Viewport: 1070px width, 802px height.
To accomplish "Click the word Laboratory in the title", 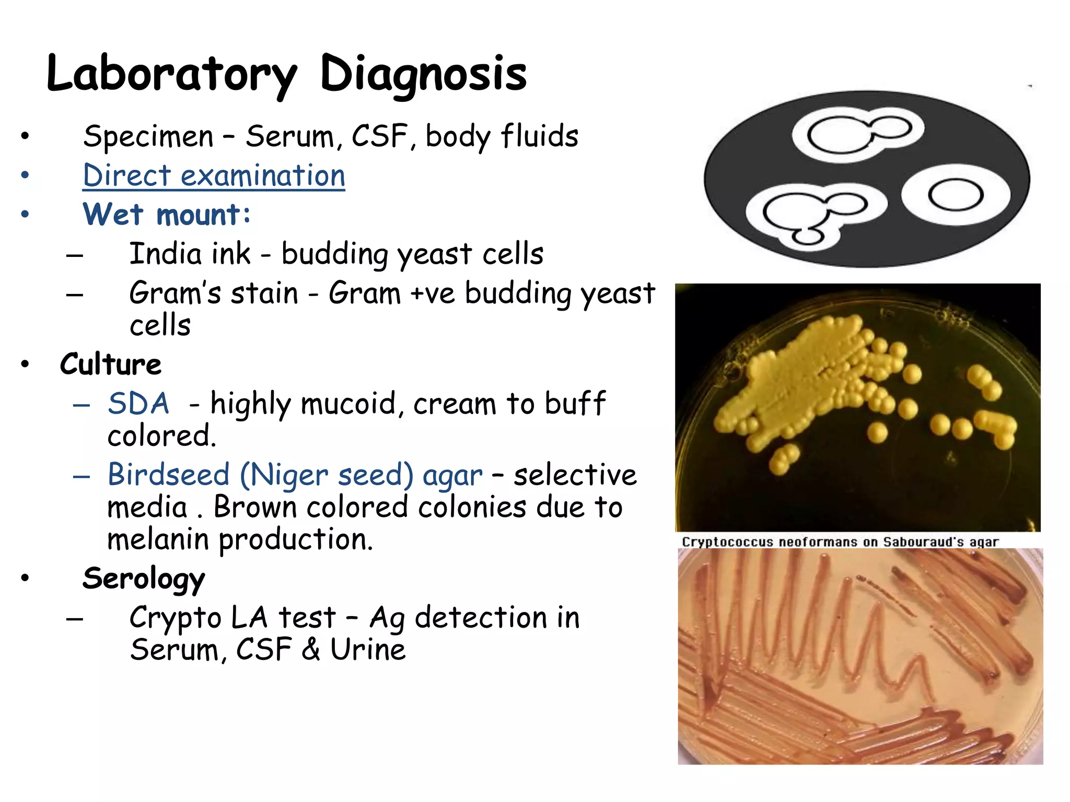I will pos(171,74).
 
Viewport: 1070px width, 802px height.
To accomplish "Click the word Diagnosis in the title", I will pos(423,74).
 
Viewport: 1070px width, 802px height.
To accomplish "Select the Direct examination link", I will pos(214,175).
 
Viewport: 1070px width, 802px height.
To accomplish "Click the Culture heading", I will pos(111,364).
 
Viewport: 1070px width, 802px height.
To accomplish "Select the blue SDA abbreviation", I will pos(138,404).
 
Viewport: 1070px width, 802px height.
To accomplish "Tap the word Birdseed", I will pos(168,475).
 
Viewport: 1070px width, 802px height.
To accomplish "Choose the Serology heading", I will pos(144,579).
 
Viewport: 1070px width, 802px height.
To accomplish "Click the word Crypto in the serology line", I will pos(176,618).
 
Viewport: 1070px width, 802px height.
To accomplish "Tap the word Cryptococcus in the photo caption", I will pos(727,542).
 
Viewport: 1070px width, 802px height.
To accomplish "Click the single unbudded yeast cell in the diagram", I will pos(956,195).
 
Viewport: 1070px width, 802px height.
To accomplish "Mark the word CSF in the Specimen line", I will pos(379,136).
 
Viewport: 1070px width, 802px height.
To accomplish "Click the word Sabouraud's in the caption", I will pos(923,542).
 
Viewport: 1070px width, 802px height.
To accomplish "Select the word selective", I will pos(575,475).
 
